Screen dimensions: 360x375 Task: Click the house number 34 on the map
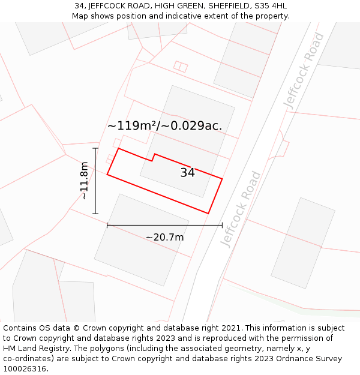pyautogui.click(x=187, y=173)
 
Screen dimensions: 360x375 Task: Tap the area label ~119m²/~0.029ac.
pyautogui.click(x=164, y=126)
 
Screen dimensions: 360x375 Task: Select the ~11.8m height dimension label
pyautogui.click(x=85, y=181)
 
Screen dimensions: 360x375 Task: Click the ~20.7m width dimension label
pyautogui.click(x=164, y=238)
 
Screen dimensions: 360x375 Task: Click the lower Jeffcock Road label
pyautogui.click(x=241, y=209)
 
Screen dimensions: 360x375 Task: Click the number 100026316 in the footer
pyautogui.click(x=25, y=369)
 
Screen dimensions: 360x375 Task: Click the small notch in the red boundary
pyautogui.click(x=154, y=157)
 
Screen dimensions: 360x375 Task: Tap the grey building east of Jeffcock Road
pyautogui.click(x=302, y=242)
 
